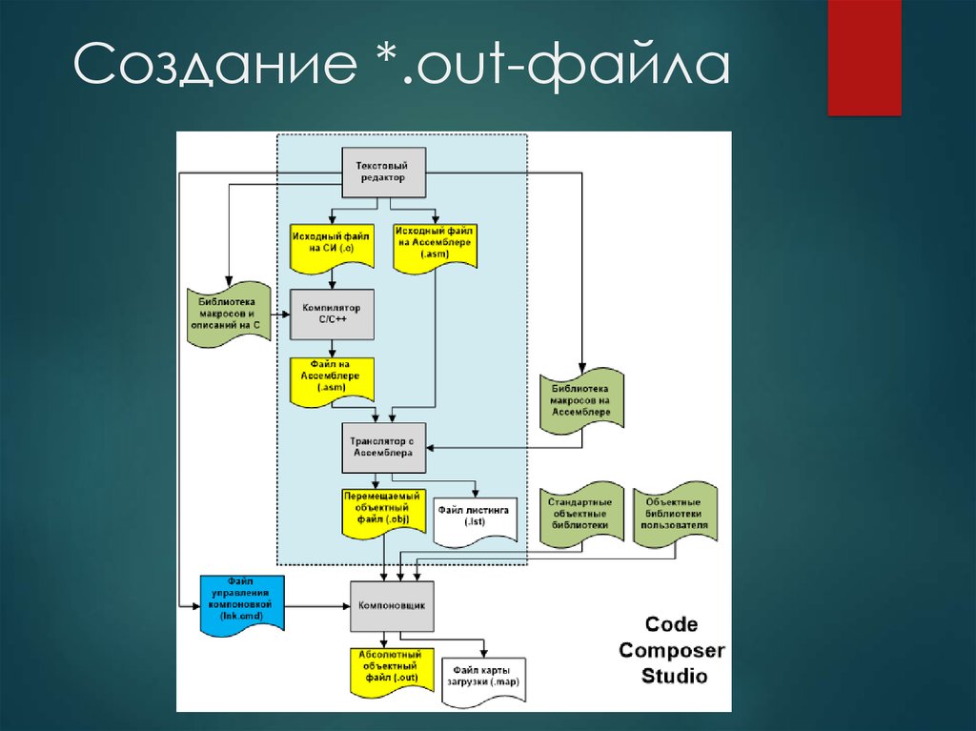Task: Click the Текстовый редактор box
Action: pos(383,173)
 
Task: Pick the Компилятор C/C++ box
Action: pos(331,315)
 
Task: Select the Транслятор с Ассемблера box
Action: pos(383,447)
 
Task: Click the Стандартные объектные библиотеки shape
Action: pos(579,515)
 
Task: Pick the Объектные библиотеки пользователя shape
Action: pos(675,515)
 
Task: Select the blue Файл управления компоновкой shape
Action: pos(239,603)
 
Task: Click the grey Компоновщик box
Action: pos(391,605)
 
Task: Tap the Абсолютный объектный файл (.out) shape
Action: pos(391,671)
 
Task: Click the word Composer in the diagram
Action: pos(671,651)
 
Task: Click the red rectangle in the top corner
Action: pos(864,57)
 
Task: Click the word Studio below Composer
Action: pos(674,677)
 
